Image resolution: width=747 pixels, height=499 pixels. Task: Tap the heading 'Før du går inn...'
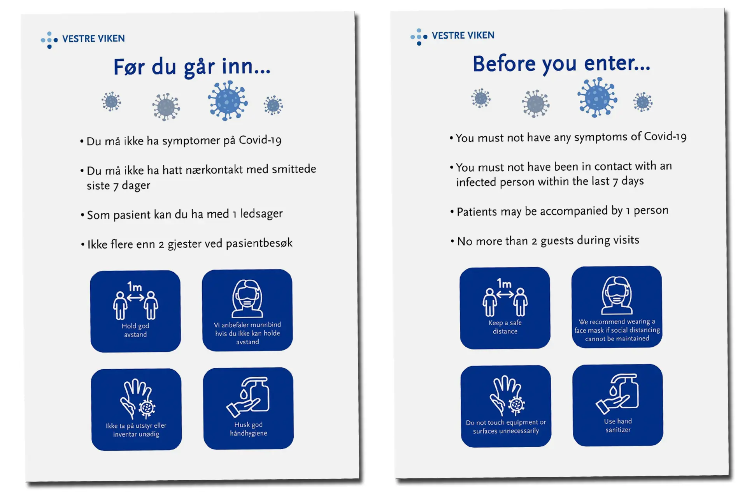pos(192,67)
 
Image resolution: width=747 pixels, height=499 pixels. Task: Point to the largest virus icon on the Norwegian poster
pos(228,100)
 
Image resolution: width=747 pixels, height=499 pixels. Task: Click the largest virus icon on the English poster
pos(597,97)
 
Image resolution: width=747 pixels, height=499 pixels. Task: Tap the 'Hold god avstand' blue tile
pos(135,311)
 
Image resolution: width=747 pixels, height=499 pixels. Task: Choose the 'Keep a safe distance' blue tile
pos(505,308)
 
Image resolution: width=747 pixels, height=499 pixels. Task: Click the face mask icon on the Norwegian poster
pos(247,299)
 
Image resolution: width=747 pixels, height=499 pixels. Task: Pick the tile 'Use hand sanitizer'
pos(618,405)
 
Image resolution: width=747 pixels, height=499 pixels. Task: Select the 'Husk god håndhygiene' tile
pos(248,408)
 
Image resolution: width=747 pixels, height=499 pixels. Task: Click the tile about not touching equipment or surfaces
pos(506,406)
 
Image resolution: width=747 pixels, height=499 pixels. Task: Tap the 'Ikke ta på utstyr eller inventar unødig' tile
pos(136,409)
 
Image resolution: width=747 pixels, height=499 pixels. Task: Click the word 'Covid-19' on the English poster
pos(665,136)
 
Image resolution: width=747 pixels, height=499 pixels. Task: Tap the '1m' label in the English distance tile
pos(504,284)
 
